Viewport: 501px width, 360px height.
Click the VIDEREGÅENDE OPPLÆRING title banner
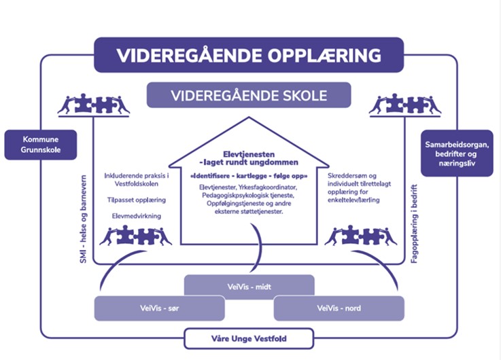coord(248,55)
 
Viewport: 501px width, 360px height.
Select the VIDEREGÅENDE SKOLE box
coord(249,94)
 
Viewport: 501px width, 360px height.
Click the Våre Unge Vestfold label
coord(248,338)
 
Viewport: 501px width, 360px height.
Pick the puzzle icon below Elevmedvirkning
coord(136,236)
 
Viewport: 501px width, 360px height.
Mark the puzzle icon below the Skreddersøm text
coord(360,236)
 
